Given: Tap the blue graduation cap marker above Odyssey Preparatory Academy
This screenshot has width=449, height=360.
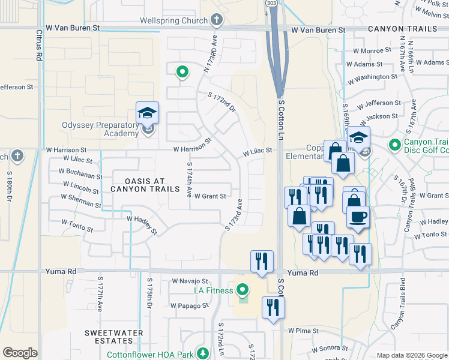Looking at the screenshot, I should tap(147, 112).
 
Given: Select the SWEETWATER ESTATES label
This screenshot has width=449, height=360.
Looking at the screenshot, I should tap(113, 337).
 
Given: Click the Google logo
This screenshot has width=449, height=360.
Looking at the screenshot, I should tap(20, 353).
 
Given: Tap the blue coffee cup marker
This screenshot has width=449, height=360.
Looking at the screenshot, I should tap(358, 217).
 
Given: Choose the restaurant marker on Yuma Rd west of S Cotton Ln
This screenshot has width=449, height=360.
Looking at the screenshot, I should tap(262, 262).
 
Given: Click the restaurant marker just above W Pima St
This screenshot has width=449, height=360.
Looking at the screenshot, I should tap(273, 308).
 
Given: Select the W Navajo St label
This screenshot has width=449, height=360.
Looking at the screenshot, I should tap(190, 281).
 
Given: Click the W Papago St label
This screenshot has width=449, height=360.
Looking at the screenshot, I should tap(189, 305).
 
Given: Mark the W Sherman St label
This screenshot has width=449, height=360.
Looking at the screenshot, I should tap(80, 199).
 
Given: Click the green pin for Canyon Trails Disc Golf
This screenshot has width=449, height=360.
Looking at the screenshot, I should tap(394, 145).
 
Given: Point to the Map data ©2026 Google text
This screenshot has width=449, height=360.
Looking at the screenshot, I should tap(411, 355).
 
